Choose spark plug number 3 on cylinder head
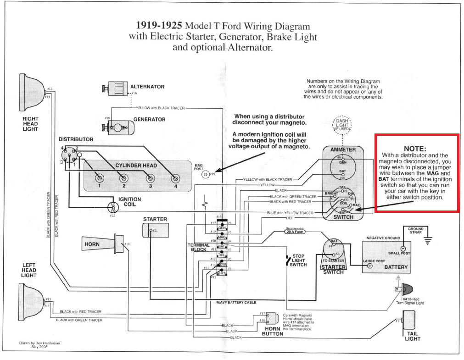149,178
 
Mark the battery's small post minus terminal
403,248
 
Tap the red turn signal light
406,289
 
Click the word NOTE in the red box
415,149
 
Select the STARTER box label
155,219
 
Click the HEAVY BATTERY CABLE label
235,303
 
